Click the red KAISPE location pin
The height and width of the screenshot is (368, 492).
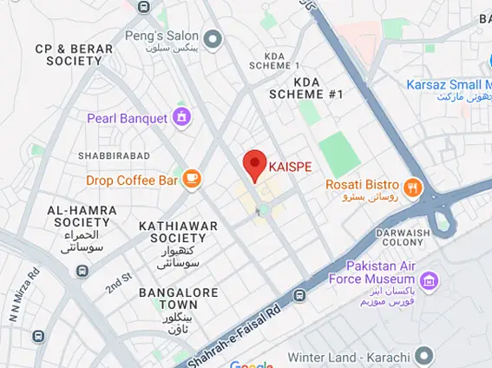coord(253,163)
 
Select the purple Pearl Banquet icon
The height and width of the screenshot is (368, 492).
coord(181,116)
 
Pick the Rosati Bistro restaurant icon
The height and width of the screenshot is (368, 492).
coord(412,185)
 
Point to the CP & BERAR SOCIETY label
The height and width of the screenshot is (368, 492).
coord(74,55)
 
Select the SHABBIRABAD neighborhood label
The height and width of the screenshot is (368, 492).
coord(115,155)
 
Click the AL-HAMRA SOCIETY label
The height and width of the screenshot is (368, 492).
coord(79,216)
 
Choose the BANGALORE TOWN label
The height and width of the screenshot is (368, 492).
coord(180,299)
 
